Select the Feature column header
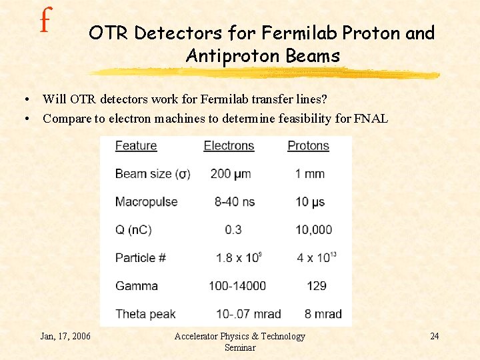click(136, 145)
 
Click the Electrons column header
click(229, 145)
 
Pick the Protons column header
click(308, 145)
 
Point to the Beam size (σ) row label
click(153, 174)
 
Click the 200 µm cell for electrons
click(231, 174)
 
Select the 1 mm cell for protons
click(310, 174)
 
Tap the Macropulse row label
click(146, 202)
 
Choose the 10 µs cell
click(311, 202)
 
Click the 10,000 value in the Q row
click(313, 230)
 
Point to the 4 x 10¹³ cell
click(313, 257)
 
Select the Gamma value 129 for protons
click(316, 286)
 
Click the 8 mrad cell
click(323, 314)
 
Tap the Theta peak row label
click(146, 314)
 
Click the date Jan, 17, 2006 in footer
click(65, 336)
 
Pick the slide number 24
click(434, 336)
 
